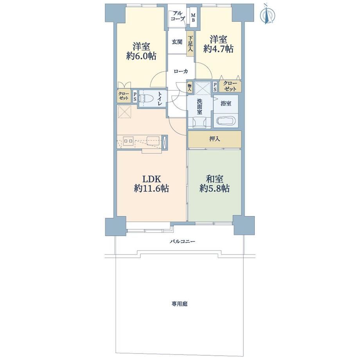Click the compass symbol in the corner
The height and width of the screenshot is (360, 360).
click(266, 14)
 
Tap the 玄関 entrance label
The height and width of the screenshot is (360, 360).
click(177, 42)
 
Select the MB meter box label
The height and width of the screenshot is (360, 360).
click(193, 18)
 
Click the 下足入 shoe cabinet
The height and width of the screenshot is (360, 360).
click(190, 43)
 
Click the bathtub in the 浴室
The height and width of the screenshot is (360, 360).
click(226, 121)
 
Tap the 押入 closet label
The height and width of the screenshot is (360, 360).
click(215, 139)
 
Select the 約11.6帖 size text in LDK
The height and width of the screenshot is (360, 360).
click(151, 189)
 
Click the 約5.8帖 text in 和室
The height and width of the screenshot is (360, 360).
click(214, 188)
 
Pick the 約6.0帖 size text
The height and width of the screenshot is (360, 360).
click(141, 56)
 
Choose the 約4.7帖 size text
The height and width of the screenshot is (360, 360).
click(218, 49)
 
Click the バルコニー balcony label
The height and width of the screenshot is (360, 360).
click(182, 241)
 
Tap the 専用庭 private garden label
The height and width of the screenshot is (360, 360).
click(180, 304)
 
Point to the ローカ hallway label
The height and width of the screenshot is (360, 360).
click(181, 71)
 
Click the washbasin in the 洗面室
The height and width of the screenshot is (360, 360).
click(199, 122)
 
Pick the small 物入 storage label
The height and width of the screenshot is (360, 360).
click(190, 88)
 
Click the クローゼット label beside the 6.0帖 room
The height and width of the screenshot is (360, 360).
click(123, 96)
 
